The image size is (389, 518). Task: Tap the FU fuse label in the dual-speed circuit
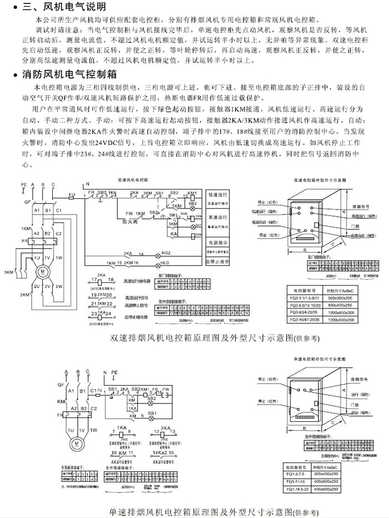72,194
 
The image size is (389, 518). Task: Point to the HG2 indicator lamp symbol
166,253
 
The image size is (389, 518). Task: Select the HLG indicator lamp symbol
166,262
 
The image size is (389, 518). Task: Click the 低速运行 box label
218,196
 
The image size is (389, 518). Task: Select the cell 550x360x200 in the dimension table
340,299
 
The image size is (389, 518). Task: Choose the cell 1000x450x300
340,313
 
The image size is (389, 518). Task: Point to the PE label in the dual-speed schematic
23,184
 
